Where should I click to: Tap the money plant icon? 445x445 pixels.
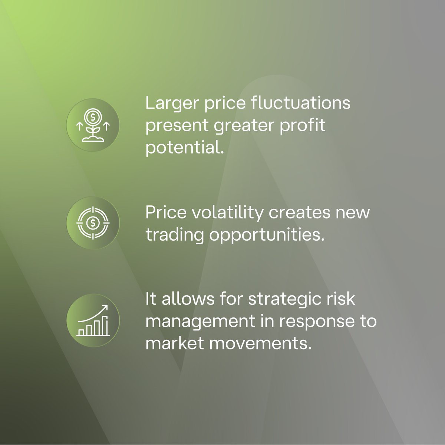pos(93,125)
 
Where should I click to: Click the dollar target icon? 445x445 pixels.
pos(93,222)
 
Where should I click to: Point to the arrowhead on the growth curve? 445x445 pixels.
pos(106,307)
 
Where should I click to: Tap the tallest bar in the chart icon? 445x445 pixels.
pos(105,326)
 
